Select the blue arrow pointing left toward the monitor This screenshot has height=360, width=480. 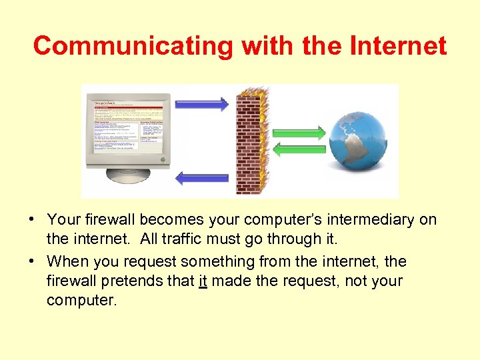(x=204, y=178)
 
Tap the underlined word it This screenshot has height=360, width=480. (x=203, y=281)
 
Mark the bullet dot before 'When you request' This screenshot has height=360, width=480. (x=32, y=261)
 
